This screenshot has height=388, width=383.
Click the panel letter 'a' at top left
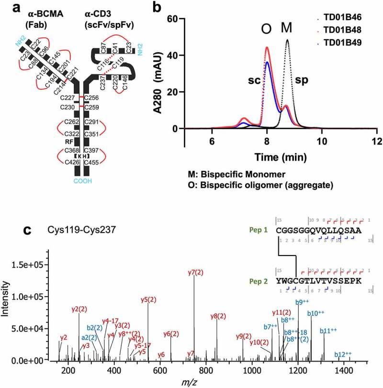(x=9, y=8)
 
